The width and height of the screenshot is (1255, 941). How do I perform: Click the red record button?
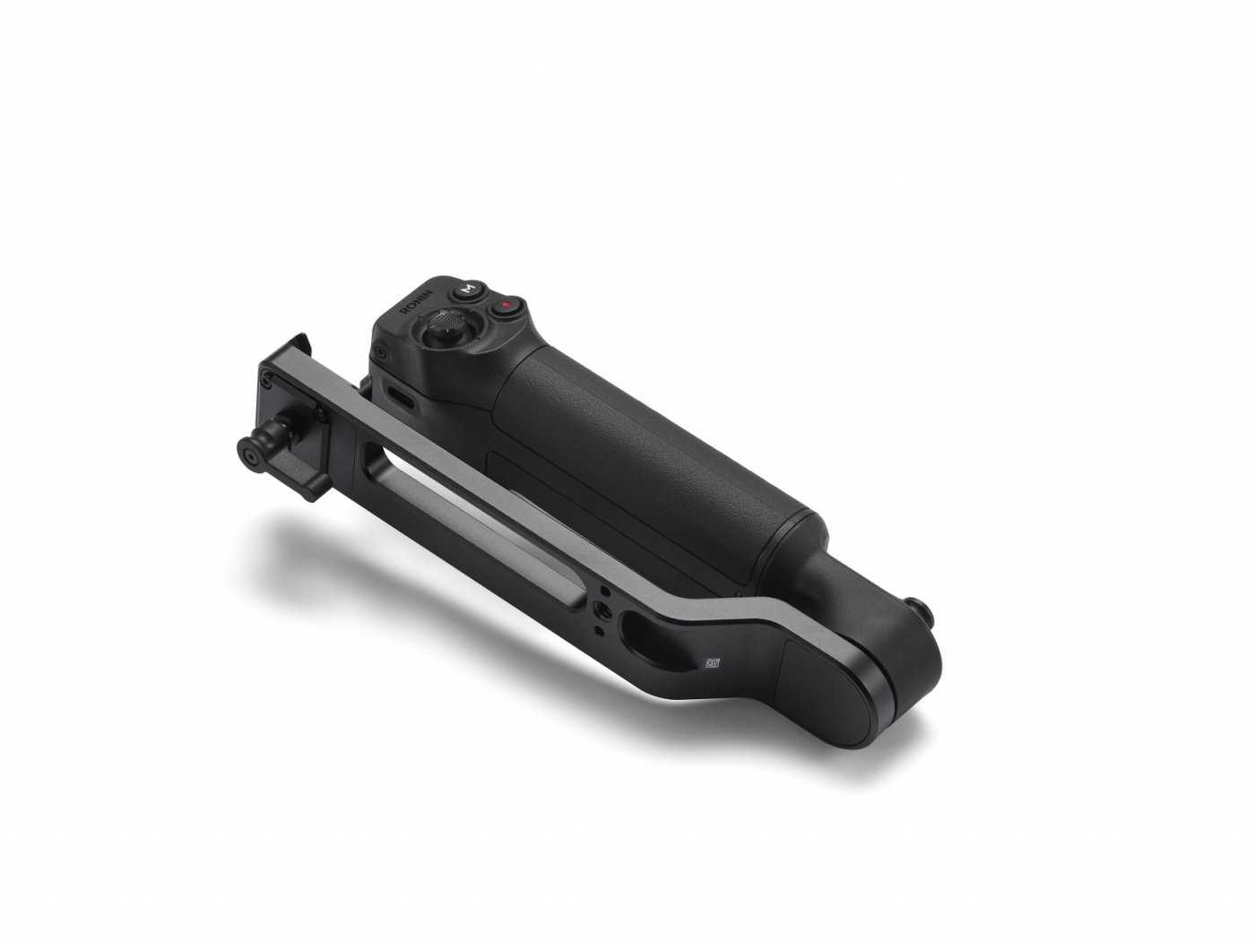506,306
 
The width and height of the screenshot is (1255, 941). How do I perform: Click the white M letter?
467,289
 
